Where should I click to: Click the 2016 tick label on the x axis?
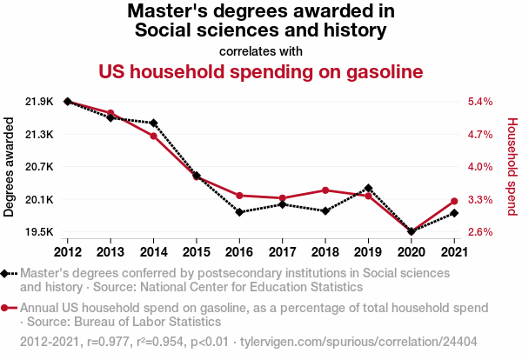(239, 252)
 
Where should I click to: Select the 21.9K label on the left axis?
(39, 102)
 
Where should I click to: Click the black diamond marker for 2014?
(154, 123)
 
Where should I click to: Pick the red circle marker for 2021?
(454, 202)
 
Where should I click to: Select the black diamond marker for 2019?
(368, 188)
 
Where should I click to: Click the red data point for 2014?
(154, 136)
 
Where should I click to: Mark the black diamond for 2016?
(239, 212)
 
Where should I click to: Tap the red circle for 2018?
(325, 190)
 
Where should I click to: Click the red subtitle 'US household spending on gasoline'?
(261, 71)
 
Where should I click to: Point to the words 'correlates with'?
(261, 50)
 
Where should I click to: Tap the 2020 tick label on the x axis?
(411, 252)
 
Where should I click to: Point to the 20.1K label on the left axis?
(39, 200)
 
